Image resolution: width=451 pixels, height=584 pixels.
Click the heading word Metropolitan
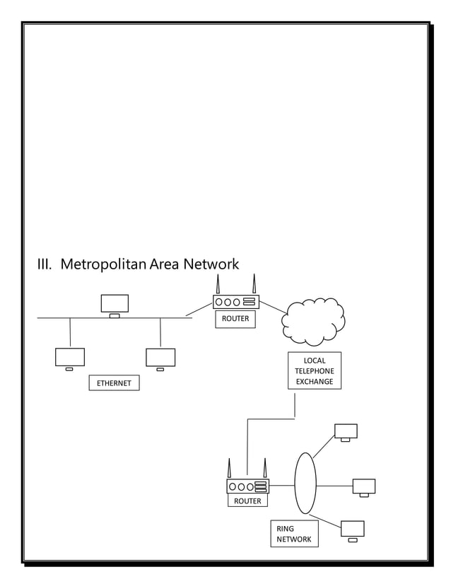(102, 265)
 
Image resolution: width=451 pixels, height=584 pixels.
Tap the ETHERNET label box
(114, 383)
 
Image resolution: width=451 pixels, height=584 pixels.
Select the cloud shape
(313, 322)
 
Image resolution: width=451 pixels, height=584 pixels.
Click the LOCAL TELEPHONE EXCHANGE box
(314, 371)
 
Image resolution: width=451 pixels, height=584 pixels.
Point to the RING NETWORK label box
(293, 534)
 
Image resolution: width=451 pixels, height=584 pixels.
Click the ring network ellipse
(305, 484)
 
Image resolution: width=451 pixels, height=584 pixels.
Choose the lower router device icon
(247, 486)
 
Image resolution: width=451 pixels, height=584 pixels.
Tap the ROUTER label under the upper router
(235, 319)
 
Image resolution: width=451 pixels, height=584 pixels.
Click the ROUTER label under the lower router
(247, 501)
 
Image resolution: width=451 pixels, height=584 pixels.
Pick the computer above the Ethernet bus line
(115, 304)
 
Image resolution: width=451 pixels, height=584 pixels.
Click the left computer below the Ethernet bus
(70, 358)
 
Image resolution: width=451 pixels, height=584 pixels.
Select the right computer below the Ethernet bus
(160, 358)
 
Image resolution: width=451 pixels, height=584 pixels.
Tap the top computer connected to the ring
(346, 432)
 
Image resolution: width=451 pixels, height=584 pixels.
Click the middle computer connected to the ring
(363, 486)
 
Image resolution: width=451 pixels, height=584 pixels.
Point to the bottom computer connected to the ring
(352, 530)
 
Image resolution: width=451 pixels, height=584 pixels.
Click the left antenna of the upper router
(218, 284)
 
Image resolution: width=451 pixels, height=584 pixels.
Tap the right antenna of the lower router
(265, 469)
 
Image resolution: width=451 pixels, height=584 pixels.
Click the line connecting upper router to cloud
(272, 307)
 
